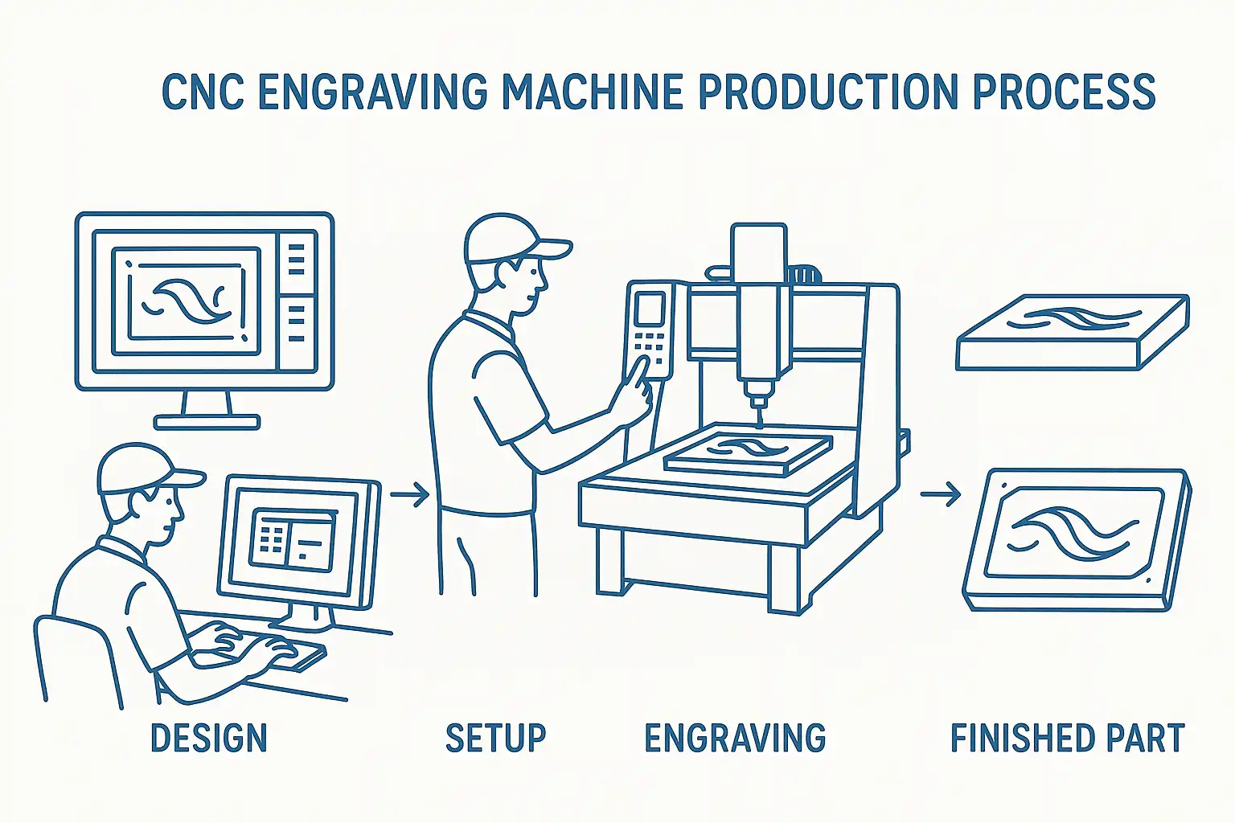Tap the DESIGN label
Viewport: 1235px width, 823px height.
209,738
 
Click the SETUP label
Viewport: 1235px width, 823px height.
495,738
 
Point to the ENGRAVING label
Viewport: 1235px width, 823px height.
735,738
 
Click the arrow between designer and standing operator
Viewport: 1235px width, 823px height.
409,494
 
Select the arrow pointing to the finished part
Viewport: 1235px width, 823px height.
941,494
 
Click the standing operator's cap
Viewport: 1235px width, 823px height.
513,240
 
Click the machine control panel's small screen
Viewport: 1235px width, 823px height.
650,309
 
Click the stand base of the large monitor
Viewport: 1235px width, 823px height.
207,422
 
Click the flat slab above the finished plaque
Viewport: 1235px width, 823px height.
1072,333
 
